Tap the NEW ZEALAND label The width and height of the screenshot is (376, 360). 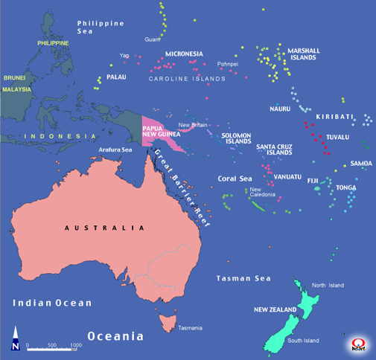274,309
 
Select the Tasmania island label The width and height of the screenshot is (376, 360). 188,329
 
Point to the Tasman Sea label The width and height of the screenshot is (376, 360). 243,277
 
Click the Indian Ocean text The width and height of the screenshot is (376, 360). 52,303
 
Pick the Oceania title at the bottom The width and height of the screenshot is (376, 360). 115,336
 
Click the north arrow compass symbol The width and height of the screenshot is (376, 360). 15,339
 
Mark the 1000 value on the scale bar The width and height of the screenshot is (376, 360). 76,345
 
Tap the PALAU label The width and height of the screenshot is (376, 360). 118,77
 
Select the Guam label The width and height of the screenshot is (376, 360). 152,39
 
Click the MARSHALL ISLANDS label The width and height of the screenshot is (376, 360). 304,54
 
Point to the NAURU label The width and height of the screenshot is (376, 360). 280,109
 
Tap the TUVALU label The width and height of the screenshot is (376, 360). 337,138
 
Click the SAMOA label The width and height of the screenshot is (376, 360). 361,164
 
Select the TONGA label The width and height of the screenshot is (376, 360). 345,188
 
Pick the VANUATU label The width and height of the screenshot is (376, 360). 287,177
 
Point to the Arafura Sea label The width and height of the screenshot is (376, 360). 115,150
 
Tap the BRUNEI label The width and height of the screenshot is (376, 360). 14,77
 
